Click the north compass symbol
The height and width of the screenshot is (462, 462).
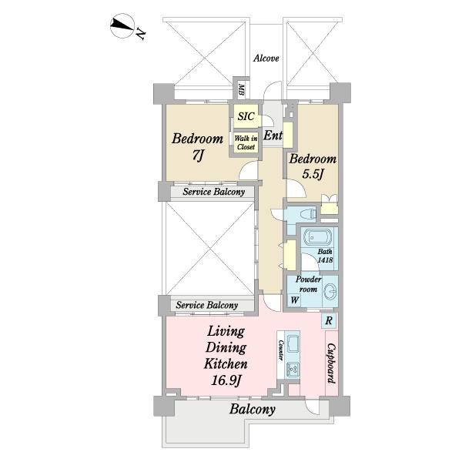coord(123,26)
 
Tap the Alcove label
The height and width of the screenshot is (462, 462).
coord(266,59)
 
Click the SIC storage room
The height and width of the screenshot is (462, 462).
coord(246,116)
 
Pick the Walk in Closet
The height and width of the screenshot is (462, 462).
coord(246,142)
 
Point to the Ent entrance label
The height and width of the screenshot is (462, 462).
coord(273,136)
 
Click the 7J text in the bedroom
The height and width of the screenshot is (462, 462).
coord(197,156)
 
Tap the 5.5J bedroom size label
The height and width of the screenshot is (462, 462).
coord(313,174)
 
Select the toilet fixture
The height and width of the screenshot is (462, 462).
coord(306,213)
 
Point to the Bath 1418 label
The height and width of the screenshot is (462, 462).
coord(325,256)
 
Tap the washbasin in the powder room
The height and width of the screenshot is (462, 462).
coord(330,291)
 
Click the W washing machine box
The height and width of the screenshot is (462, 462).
coord(295,300)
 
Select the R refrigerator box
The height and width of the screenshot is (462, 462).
coord(329,320)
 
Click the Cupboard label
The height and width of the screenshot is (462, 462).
coord(332,363)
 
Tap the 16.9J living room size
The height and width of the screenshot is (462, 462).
coord(226,380)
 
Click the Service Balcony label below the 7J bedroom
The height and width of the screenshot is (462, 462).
coord(213,192)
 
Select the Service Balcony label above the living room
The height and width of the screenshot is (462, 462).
coord(207,305)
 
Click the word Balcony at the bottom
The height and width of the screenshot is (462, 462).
coord(253,410)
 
